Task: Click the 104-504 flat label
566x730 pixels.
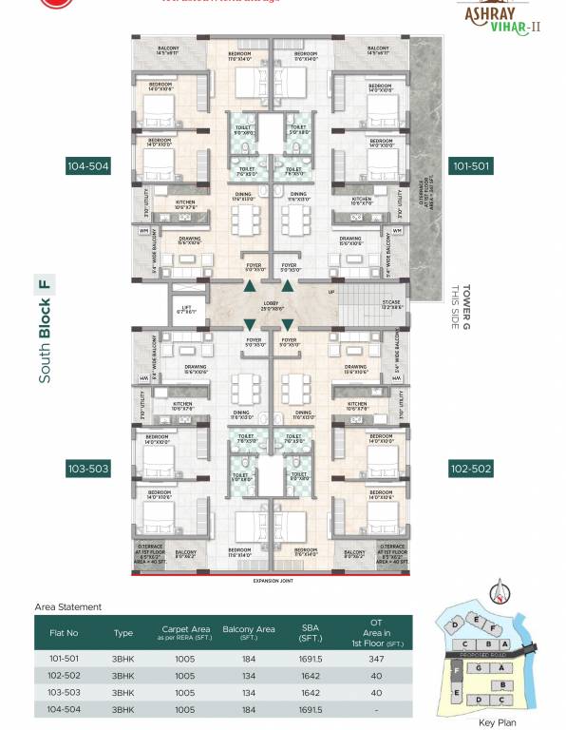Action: coord(87,166)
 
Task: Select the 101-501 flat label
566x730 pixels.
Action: coord(471,166)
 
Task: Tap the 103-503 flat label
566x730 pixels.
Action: coord(87,469)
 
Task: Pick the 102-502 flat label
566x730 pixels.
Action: coord(471,469)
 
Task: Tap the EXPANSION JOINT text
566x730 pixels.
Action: coord(274,580)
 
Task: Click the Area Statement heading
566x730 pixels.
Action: coord(67,606)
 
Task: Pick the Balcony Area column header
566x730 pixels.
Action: coord(248,632)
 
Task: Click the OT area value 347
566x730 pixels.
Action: coord(376,658)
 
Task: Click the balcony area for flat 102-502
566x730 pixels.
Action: coord(248,675)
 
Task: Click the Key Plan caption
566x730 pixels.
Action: coord(497,722)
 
